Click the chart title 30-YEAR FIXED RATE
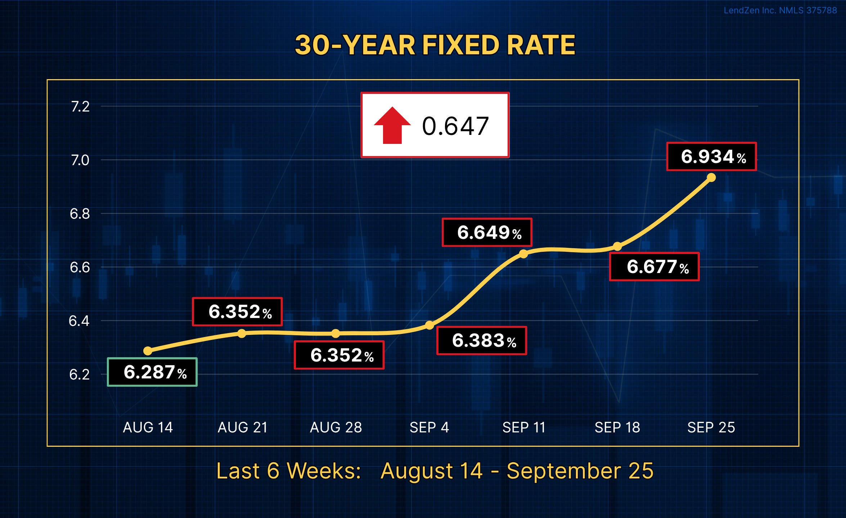(x=435, y=45)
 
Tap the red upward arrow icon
(x=392, y=125)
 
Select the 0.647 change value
(x=455, y=126)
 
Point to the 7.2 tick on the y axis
(x=80, y=106)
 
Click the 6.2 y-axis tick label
(x=79, y=374)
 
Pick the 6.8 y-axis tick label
(x=80, y=214)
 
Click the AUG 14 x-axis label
(x=148, y=427)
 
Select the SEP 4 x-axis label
(x=429, y=427)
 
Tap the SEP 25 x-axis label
(x=711, y=427)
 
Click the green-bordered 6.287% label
(x=152, y=372)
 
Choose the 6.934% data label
(x=711, y=156)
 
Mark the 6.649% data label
(x=487, y=232)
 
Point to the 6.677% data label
(x=654, y=267)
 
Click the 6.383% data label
(x=482, y=341)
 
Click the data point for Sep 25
(x=711, y=177)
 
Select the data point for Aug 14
(x=148, y=351)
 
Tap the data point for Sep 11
(x=523, y=254)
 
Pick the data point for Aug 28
(x=336, y=333)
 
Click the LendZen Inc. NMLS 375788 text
(x=780, y=10)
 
